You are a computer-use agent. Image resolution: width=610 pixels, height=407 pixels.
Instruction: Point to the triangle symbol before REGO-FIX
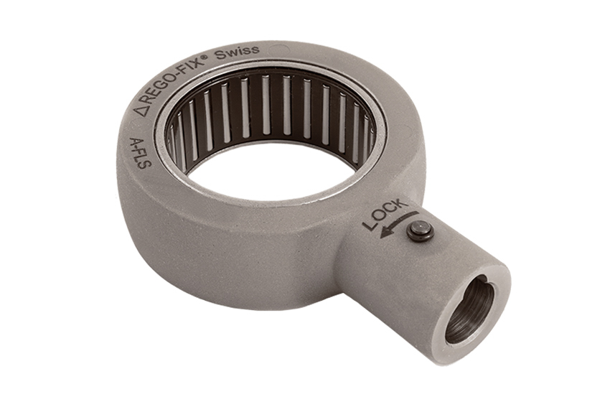click(140, 111)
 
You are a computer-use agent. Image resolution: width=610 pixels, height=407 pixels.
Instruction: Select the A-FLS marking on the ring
click(140, 154)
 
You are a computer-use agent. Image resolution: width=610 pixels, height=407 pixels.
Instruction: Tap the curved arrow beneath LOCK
click(399, 223)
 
